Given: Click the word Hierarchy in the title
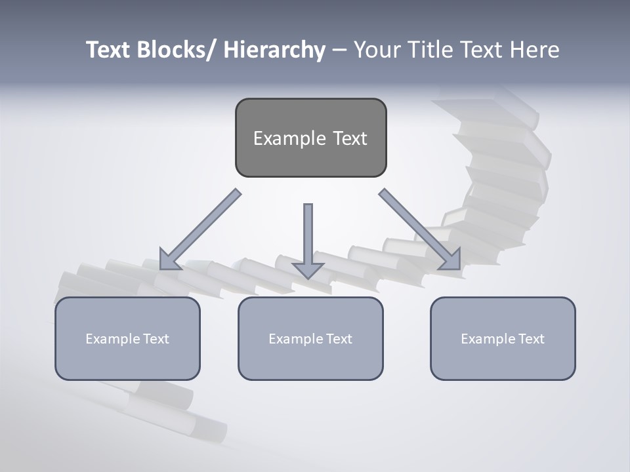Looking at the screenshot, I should tap(274, 50).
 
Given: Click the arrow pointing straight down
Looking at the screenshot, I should tap(308, 236).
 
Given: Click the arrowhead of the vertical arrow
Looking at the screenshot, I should tap(308, 270).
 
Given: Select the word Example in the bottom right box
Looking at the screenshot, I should tap(488, 339).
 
